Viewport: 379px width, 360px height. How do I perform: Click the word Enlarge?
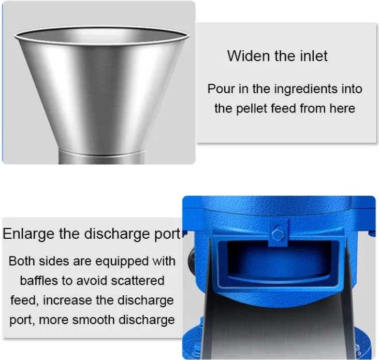point(28,234)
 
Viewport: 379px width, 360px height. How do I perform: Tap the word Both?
point(22,261)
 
